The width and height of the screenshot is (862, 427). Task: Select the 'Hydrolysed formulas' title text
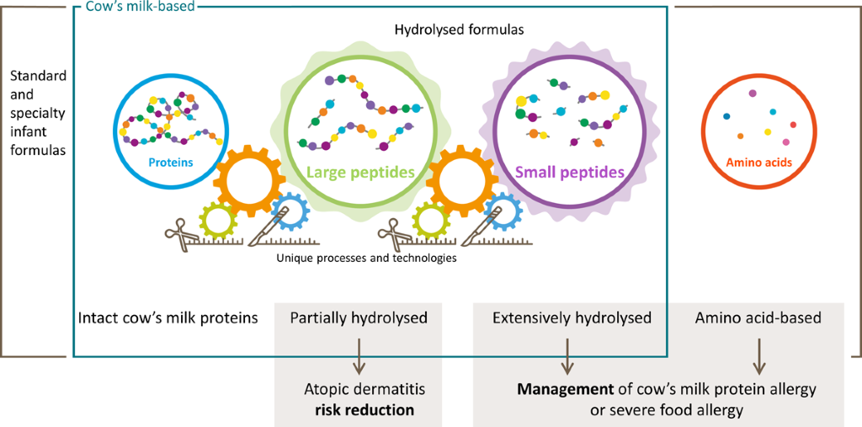pyautogui.click(x=460, y=29)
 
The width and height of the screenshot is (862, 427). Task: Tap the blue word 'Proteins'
pyautogui.click(x=171, y=163)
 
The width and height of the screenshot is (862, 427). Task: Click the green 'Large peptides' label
pyautogui.click(x=360, y=173)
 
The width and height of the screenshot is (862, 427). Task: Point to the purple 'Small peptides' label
pyautogui.click(x=569, y=173)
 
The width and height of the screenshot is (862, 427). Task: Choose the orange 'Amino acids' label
pyautogui.click(x=759, y=163)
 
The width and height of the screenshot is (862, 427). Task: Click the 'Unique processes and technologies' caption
pyautogui.click(x=366, y=258)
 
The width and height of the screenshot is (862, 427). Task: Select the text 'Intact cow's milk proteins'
pyautogui.click(x=168, y=318)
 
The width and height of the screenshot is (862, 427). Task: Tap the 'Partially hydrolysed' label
pyautogui.click(x=359, y=318)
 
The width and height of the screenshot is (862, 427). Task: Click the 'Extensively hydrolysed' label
pyautogui.click(x=572, y=318)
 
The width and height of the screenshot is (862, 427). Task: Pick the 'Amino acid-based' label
pyautogui.click(x=758, y=318)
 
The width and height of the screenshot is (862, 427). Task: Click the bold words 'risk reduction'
pyautogui.click(x=364, y=410)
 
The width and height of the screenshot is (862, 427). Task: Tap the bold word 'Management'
pyautogui.click(x=556, y=391)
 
